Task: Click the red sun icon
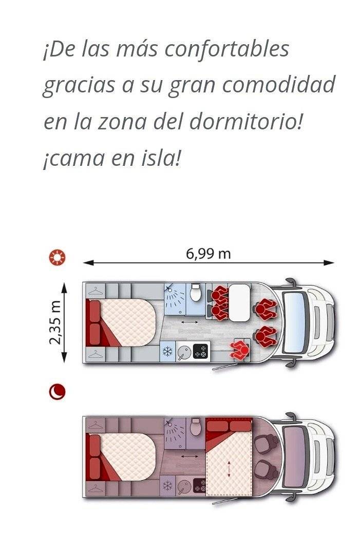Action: point(57,257)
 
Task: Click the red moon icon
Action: point(57,392)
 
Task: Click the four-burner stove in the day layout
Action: point(200,352)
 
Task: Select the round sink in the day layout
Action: point(183,352)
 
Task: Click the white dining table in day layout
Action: point(238,302)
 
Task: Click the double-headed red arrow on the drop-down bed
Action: point(229,470)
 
